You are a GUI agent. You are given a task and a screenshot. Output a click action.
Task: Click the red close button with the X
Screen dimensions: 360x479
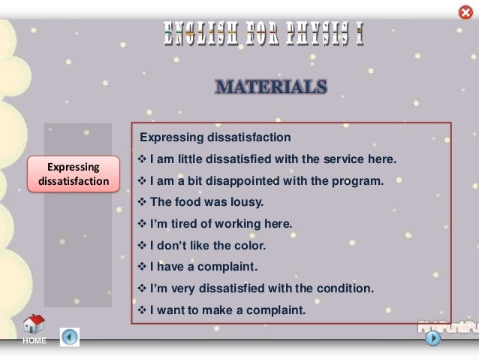(x=465, y=13)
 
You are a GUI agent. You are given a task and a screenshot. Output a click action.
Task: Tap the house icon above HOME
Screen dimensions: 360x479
(x=34, y=325)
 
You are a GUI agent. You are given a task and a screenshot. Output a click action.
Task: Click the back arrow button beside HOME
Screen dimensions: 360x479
(x=69, y=337)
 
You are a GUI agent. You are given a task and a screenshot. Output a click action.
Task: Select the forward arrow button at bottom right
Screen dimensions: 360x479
(x=433, y=338)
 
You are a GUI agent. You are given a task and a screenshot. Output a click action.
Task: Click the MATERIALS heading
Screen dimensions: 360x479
(x=271, y=87)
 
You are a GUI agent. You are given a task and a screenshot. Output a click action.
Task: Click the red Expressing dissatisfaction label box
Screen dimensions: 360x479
(x=74, y=174)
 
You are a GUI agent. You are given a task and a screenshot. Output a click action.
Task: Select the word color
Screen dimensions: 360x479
(x=251, y=245)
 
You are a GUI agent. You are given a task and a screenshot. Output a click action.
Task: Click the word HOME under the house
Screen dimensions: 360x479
(x=35, y=341)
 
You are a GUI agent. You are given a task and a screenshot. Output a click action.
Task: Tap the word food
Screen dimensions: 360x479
(x=188, y=202)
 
